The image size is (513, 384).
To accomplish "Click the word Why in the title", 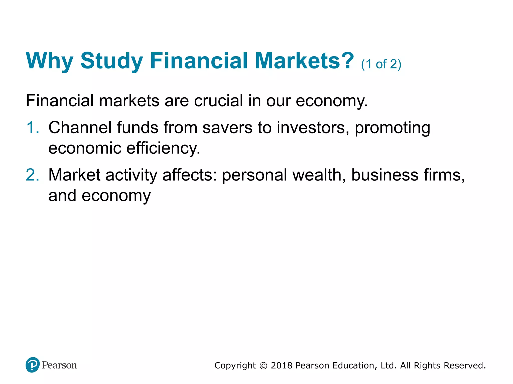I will click(x=49, y=61).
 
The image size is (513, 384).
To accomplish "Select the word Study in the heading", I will click(x=111, y=61).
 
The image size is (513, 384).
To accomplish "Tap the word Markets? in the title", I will click(x=304, y=61).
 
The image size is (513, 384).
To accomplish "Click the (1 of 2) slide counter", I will click(x=381, y=64).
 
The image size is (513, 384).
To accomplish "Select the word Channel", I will click(x=80, y=127).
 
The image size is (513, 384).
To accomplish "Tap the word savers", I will click(x=227, y=128).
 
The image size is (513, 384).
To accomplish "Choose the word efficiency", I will click(x=163, y=148).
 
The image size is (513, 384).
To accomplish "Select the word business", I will click(x=385, y=175).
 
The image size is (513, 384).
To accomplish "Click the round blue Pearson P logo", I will click(x=33, y=365).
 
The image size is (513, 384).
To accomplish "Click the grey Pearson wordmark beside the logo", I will click(x=59, y=365).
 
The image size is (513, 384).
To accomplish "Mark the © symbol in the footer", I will click(x=263, y=366).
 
